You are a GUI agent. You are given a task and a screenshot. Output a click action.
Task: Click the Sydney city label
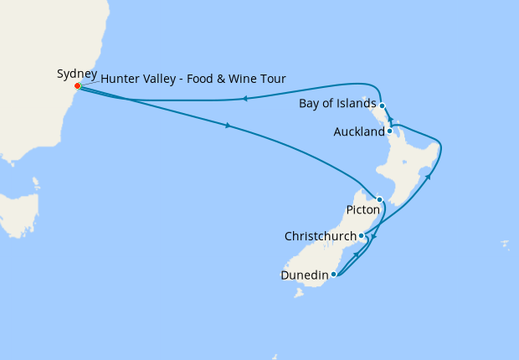(x=77, y=74)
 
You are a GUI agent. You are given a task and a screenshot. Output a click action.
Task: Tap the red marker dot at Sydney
(x=77, y=85)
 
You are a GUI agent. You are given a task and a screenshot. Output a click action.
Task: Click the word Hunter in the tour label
(x=120, y=80)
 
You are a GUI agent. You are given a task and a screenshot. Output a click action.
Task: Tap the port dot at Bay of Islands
(x=382, y=105)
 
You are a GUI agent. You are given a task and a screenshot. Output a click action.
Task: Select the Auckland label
(x=358, y=131)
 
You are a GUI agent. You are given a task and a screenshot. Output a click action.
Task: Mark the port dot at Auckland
(x=390, y=131)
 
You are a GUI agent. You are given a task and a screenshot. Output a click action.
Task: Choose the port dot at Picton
(x=380, y=199)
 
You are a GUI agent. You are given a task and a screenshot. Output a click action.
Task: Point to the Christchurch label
(x=321, y=236)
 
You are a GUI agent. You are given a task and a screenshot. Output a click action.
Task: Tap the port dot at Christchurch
(x=361, y=235)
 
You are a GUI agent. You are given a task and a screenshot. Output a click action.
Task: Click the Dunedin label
(x=304, y=274)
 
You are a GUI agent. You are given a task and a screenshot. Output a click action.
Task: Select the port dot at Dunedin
(x=333, y=274)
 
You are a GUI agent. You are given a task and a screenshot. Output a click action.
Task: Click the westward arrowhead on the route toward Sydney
(x=244, y=99)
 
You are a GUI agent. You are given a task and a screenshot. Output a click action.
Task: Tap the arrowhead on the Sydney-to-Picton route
(x=227, y=126)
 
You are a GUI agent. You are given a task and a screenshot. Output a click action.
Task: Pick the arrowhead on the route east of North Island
(x=428, y=177)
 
